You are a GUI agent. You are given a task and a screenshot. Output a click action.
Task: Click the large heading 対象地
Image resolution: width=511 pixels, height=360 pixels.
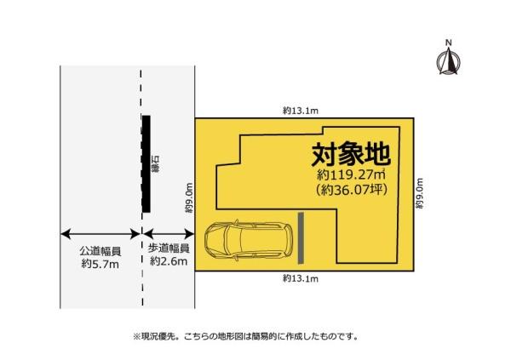(x=351, y=155)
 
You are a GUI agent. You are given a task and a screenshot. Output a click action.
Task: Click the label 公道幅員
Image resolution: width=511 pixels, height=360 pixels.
(x=100, y=250)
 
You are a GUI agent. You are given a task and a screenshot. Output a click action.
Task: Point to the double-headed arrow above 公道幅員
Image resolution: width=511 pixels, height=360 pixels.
(x=100, y=233)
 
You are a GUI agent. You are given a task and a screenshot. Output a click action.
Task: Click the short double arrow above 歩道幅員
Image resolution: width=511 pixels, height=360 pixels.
(x=169, y=233)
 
